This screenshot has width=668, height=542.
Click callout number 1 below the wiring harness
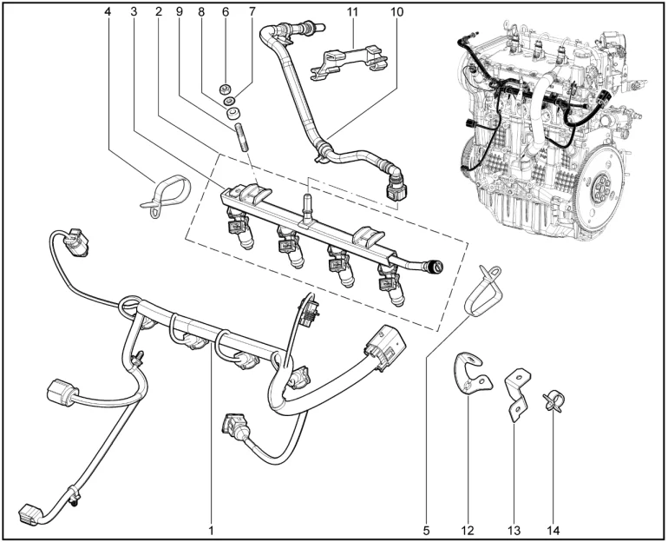click(211, 526)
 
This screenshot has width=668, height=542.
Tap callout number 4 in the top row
click(108, 13)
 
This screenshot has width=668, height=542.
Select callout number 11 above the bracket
click(353, 13)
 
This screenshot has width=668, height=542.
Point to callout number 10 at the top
click(396, 13)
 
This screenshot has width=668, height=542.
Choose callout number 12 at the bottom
click(469, 526)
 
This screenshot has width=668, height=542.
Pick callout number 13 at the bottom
click(513, 526)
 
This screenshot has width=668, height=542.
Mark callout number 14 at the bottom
click(554, 526)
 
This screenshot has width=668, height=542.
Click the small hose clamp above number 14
click(552, 400)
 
